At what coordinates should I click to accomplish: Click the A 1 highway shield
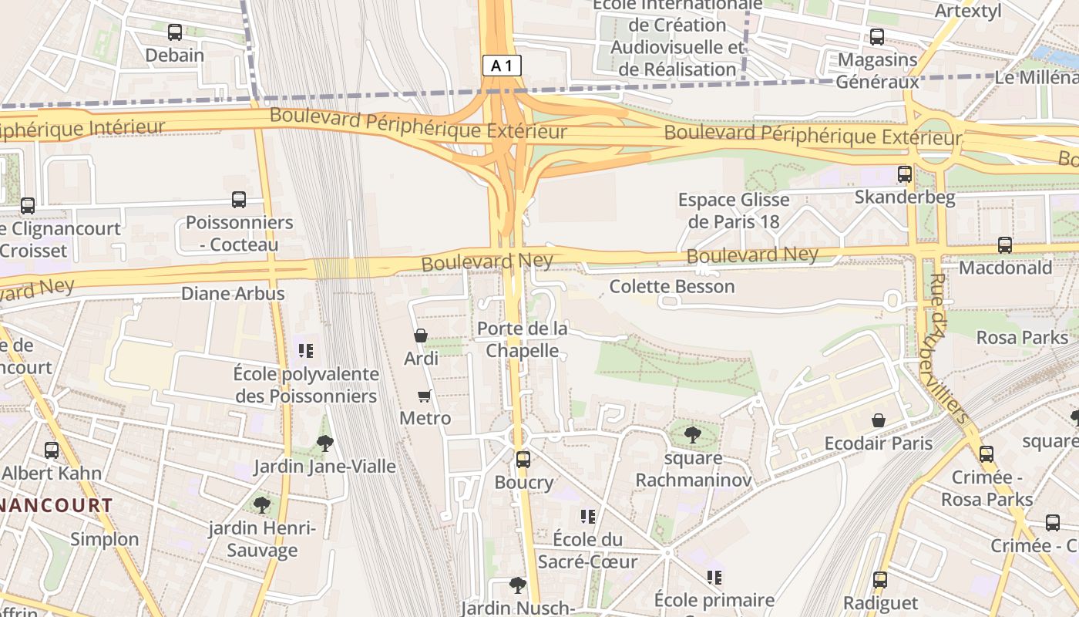(x=502, y=66)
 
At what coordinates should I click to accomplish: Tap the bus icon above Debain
(x=175, y=32)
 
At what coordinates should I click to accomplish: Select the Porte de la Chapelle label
(x=522, y=339)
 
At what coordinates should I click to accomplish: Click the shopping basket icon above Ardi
(x=421, y=335)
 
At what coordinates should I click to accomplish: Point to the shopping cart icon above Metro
(x=424, y=396)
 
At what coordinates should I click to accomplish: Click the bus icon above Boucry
(x=523, y=460)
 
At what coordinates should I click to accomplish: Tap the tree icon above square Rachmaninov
(x=693, y=434)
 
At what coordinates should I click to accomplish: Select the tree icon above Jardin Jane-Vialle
(x=325, y=443)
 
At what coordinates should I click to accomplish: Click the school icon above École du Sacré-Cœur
(x=588, y=516)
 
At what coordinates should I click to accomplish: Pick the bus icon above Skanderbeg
(x=905, y=174)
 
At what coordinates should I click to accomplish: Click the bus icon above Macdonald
(x=1005, y=245)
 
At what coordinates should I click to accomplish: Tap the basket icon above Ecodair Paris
(x=879, y=420)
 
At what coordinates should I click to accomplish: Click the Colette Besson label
(x=672, y=286)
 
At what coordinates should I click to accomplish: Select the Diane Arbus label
(x=233, y=293)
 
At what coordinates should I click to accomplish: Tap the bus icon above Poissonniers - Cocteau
(x=239, y=200)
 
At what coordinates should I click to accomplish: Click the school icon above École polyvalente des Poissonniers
(x=306, y=351)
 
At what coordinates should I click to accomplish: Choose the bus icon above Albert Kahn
(x=52, y=450)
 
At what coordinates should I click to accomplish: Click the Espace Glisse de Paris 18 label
(x=734, y=211)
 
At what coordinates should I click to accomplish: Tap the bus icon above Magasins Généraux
(x=877, y=37)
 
